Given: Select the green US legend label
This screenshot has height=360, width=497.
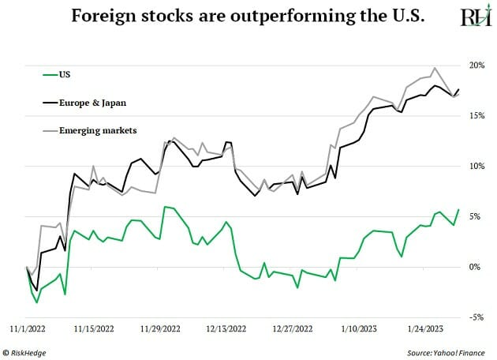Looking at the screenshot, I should pyautogui.click(x=65, y=75).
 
